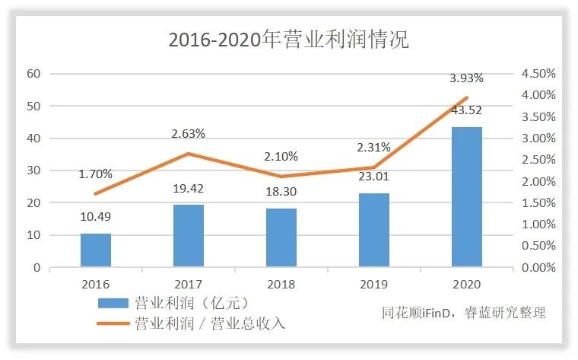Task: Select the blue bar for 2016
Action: click(x=96, y=250)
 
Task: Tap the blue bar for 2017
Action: click(x=189, y=236)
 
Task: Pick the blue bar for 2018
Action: click(x=281, y=237)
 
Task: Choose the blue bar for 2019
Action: click(x=374, y=230)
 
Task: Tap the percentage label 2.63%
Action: click(x=189, y=134)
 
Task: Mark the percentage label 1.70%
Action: click(x=96, y=174)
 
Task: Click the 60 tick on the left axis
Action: click(x=33, y=74)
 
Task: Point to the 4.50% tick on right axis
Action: click(x=538, y=74)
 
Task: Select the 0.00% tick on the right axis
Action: click(x=538, y=268)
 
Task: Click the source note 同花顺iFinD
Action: click(x=420, y=313)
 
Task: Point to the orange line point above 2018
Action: click(x=281, y=177)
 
